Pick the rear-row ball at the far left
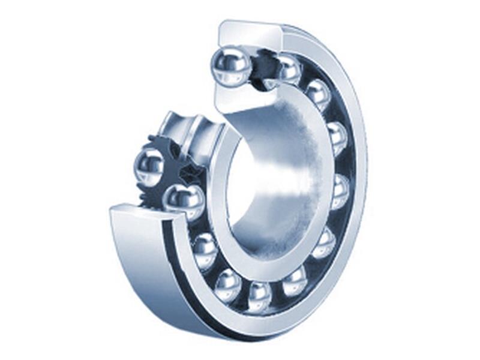click(149, 166)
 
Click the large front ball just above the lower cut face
click(184, 201)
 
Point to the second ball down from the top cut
click(289, 70)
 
